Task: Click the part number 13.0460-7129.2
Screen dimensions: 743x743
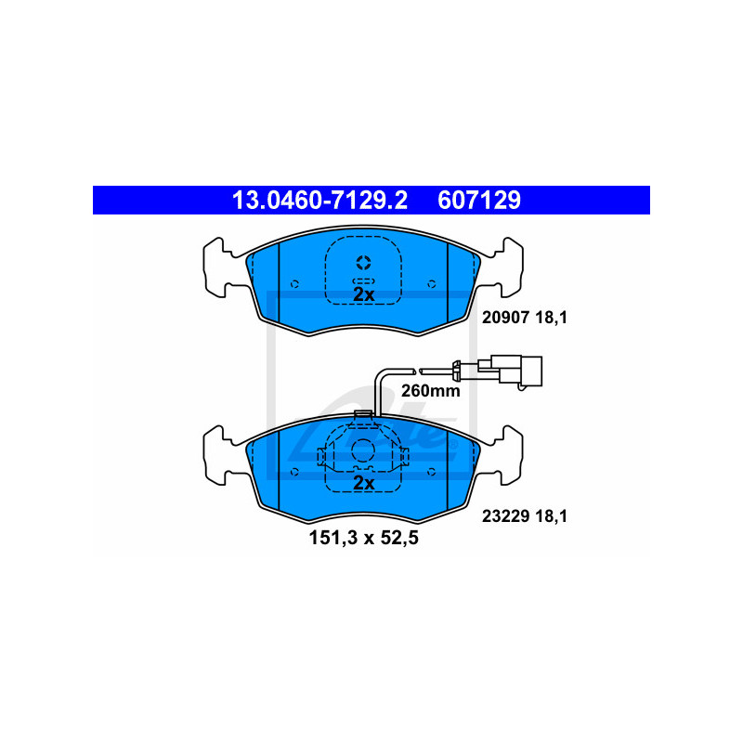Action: (x=319, y=200)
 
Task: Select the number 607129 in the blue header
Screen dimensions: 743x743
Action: (x=479, y=200)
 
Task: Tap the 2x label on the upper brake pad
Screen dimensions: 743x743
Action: (x=364, y=294)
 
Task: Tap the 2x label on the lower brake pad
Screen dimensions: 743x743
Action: (x=364, y=483)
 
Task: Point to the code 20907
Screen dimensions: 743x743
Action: (x=505, y=317)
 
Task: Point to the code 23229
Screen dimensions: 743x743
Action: (x=505, y=515)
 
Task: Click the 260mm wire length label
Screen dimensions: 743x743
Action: (x=431, y=391)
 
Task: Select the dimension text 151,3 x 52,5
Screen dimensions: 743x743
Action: (x=364, y=539)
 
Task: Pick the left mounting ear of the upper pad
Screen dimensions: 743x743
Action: (x=219, y=267)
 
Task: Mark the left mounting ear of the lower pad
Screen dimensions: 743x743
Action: (x=219, y=456)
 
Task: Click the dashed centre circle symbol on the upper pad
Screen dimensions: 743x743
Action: (x=363, y=263)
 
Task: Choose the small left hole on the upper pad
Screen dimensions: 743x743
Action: (x=294, y=284)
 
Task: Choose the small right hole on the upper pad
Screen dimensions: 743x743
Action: (x=432, y=284)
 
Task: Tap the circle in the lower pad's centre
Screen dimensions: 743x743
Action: (x=363, y=450)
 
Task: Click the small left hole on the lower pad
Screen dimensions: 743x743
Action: (x=294, y=472)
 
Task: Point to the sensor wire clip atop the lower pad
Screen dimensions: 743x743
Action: (x=363, y=415)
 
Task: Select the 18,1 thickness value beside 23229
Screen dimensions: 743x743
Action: (x=551, y=515)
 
